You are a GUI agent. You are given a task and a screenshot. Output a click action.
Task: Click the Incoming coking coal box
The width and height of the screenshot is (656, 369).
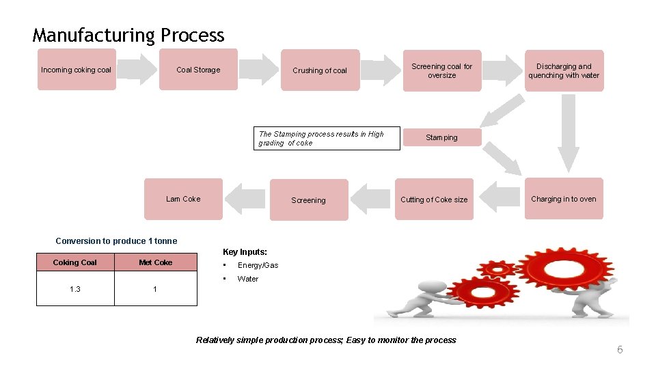(77, 70)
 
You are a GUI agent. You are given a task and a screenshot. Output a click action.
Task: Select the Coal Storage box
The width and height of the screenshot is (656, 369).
(198, 70)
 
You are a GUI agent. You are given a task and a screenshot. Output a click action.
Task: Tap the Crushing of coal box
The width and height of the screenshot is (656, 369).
(320, 70)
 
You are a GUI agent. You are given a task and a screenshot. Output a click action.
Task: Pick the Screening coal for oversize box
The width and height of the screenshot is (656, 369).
(441, 70)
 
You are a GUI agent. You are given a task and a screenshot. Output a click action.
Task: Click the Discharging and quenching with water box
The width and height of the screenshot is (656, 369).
(564, 70)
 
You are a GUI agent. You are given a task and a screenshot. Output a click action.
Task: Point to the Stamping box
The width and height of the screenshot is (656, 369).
(441, 137)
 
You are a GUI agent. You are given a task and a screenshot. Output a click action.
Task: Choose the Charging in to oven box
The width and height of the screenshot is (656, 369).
(564, 199)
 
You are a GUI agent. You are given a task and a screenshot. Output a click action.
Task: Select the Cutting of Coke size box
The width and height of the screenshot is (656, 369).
(434, 200)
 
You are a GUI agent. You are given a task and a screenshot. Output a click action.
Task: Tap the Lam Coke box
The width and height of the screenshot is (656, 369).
(183, 199)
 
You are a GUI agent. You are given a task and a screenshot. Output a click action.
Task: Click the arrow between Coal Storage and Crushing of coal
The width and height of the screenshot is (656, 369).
(260, 70)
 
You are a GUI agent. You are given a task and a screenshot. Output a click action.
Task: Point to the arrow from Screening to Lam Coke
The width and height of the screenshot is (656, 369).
(245, 199)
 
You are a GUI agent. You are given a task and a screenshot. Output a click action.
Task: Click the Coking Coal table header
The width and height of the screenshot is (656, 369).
(75, 262)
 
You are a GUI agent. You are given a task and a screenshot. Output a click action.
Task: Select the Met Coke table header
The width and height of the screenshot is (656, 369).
(155, 262)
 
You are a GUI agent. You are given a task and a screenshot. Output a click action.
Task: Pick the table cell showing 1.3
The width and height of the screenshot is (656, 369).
(75, 289)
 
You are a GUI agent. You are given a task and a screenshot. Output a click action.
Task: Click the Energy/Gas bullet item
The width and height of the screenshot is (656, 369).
(258, 265)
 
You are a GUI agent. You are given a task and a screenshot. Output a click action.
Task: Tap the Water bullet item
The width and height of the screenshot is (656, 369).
(247, 279)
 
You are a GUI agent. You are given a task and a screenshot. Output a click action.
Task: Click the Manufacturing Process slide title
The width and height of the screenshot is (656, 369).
(128, 35)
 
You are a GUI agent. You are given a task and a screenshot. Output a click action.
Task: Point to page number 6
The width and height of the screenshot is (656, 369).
(620, 350)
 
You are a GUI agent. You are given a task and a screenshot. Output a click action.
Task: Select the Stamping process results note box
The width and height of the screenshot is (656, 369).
(327, 139)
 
